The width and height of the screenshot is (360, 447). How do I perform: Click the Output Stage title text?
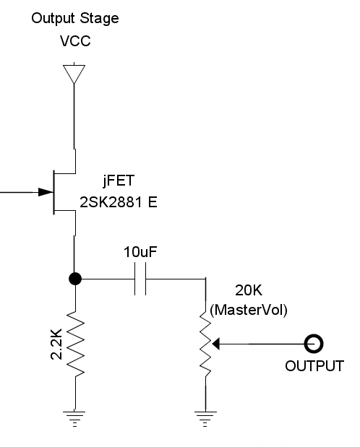click(75, 19)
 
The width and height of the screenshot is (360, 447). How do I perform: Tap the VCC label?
click(75, 41)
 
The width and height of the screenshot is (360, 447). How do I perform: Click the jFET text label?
click(119, 181)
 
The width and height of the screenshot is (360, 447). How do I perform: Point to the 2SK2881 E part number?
click(119, 202)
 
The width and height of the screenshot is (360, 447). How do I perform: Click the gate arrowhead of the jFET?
click(46, 192)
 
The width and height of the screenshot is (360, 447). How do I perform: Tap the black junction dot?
click(75, 279)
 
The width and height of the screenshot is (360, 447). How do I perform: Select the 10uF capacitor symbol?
click(140, 279)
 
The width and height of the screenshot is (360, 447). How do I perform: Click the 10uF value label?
click(140, 252)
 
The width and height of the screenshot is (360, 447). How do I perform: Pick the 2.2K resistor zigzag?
click(75, 344)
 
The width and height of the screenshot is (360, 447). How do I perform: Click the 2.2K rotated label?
click(56, 344)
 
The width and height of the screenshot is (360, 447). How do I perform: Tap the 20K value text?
click(249, 290)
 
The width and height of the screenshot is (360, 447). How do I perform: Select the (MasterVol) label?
click(249, 310)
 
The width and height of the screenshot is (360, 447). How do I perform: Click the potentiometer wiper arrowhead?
click(216, 344)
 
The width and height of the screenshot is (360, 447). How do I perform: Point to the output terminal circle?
click(314, 344)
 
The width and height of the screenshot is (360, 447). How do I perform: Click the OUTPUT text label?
click(314, 366)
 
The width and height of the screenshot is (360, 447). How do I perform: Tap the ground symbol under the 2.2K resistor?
click(74, 419)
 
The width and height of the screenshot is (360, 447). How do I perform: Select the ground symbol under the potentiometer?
click(205, 419)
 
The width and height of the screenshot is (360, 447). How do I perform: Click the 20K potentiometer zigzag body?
click(205, 344)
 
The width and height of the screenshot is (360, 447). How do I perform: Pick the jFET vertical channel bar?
click(53, 192)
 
